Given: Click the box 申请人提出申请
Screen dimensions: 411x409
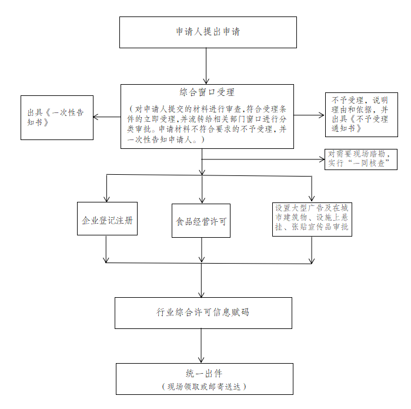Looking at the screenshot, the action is [x=208, y=32].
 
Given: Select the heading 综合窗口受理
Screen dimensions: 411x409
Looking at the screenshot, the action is [x=207, y=92].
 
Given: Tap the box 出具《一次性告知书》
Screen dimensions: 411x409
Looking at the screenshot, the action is [x=57, y=118].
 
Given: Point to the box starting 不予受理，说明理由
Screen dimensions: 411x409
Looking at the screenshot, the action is [x=362, y=115].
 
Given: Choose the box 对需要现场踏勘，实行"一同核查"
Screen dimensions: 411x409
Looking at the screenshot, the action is [x=361, y=159].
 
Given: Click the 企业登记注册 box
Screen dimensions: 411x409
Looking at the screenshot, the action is [x=107, y=218].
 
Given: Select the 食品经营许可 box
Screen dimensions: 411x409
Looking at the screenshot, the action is [x=201, y=221].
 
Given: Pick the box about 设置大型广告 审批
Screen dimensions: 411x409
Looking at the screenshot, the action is [x=312, y=220].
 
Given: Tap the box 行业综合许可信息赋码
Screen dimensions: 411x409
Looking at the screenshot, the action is [x=203, y=313].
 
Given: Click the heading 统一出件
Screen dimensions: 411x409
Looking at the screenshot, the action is [x=204, y=373].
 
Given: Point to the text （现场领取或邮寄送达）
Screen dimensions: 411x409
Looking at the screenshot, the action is [x=204, y=387].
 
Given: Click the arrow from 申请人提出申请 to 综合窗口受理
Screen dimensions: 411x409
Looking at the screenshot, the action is [x=206, y=66].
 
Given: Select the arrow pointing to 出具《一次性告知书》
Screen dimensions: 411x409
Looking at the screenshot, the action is [x=107, y=117].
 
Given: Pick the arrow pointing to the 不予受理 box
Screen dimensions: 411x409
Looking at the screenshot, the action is [x=309, y=115].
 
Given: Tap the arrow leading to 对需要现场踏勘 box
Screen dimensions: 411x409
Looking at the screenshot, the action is [x=263, y=159].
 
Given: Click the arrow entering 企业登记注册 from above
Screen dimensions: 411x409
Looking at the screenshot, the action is [x=106, y=188].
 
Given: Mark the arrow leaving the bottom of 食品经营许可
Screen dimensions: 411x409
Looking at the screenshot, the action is [x=201, y=250].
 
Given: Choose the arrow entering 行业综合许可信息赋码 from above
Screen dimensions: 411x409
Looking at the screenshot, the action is [x=201, y=280].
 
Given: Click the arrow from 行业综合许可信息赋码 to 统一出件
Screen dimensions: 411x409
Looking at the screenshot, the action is [x=201, y=346].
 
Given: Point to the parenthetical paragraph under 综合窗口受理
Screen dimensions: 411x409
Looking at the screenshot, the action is [x=207, y=124].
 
